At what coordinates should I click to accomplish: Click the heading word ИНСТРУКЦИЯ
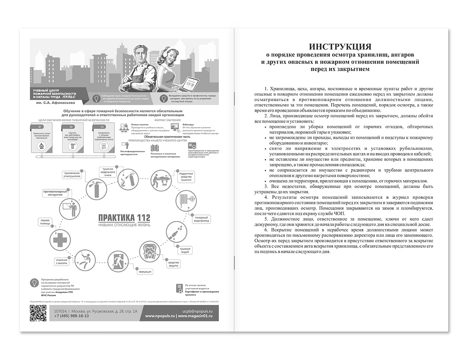340,47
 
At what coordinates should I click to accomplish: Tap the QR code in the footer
38,313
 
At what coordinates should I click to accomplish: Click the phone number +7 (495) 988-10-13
71,316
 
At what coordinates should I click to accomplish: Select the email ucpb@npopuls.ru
198,310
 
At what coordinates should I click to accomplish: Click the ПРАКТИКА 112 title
125,218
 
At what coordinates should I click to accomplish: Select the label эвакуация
145,272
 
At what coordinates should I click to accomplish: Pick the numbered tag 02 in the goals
71,127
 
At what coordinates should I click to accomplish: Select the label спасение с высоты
62,261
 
